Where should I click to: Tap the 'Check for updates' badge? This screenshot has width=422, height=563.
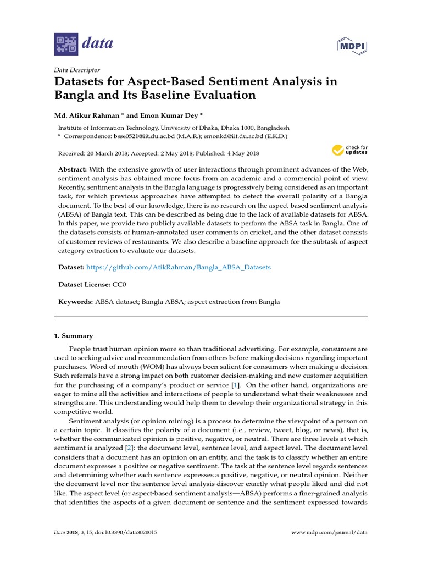pos(349,150)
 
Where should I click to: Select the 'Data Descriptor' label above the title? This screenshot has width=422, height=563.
pos(77,70)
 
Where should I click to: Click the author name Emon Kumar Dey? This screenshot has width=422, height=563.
pos(171,116)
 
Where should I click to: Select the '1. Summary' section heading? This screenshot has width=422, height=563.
pos(73,336)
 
